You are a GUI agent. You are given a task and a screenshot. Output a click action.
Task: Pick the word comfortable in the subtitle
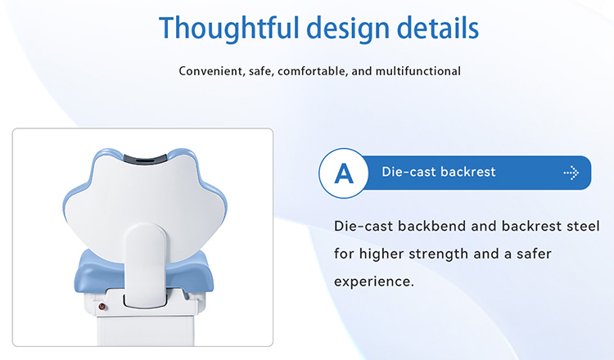[312, 71]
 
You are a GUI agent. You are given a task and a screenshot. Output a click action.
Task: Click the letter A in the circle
[344, 173]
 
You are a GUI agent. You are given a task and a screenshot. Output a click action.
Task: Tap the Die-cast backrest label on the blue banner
[438, 173]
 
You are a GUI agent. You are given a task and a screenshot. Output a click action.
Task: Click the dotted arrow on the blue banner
[571, 173]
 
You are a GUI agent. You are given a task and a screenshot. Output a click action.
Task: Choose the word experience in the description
[374, 281]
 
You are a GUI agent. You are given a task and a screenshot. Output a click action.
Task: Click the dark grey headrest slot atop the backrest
[143, 155]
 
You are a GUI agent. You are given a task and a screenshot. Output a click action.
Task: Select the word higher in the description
[389, 253]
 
